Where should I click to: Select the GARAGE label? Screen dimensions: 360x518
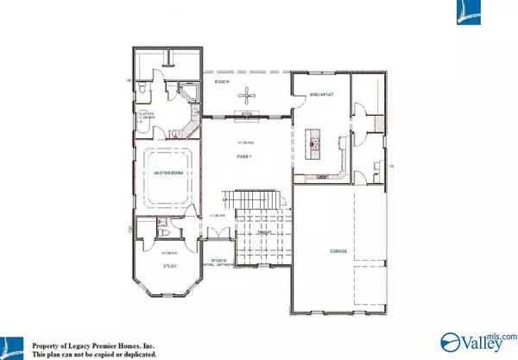tap(338, 251)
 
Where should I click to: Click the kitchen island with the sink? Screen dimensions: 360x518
tap(316, 141)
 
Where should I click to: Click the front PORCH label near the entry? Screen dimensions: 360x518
tap(219, 261)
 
